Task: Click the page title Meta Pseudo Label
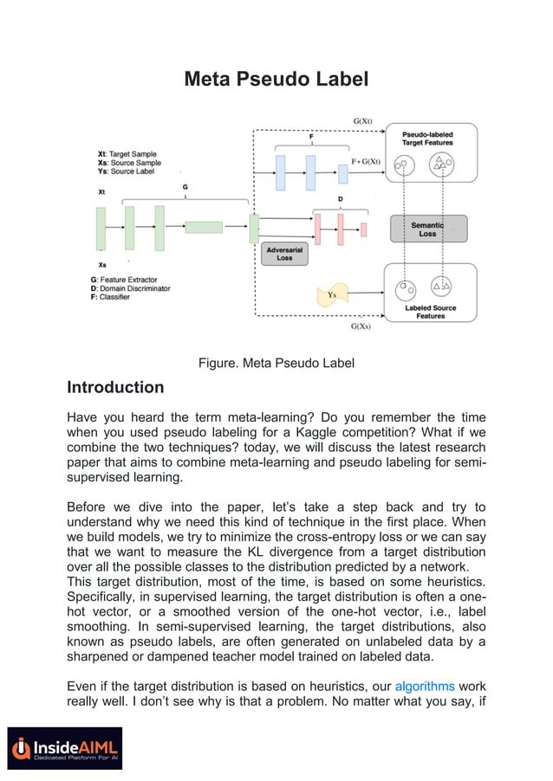click(x=276, y=80)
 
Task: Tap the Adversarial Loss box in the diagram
click(x=284, y=253)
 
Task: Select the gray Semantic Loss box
click(x=428, y=229)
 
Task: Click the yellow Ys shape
click(x=333, y=294)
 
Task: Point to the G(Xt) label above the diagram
click(x=363, y=120)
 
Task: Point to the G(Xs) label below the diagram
click(x=361, y=327)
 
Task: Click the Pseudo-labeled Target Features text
click(x=427, y=139)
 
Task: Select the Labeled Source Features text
click(x=430, y=312)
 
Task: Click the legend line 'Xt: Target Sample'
click(x=127, y=154)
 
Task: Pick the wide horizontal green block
click(x=204, y=227)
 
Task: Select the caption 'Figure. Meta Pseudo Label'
click(x=276, y=363)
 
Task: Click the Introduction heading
click(x=115, y=387)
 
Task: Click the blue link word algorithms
click(x=428, y=687)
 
